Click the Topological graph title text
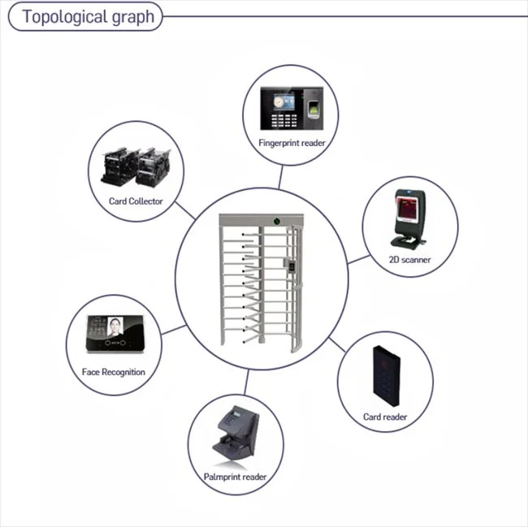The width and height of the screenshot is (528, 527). [x=88, y=17]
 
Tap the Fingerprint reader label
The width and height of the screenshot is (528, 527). [x=291, y=143]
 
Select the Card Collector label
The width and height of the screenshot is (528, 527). [x=136, y=201]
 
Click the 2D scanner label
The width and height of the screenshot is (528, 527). [x=409, y=260]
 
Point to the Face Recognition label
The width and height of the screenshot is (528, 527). [x=114, y=372]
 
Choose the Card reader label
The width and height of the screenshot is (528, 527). [x=385, y=417]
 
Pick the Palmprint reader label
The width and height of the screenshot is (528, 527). [x=236, y=477]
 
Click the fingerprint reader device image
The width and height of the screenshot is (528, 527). [x=290, y=109]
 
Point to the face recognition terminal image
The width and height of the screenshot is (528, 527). [x=114, y=335]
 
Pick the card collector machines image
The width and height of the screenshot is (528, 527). [x=134, y=167]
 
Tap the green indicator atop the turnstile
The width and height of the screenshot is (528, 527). [x=278, y=219]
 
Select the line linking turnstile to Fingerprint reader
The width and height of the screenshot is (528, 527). [x=280, y=177]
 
